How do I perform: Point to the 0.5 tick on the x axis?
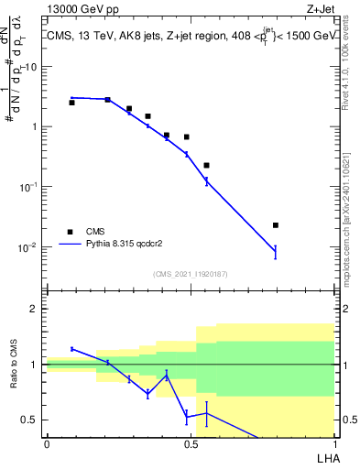click(190, 443)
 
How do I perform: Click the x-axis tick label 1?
click(333, 443)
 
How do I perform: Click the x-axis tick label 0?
click(47, 443)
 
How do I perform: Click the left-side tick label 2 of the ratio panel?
click(36, 309)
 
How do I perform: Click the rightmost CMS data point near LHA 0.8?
click(275, 225)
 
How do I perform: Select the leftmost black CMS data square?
click(71, 103)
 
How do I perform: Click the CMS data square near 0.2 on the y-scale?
click(206, 166)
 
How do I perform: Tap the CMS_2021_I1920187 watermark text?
click(190, 274)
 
